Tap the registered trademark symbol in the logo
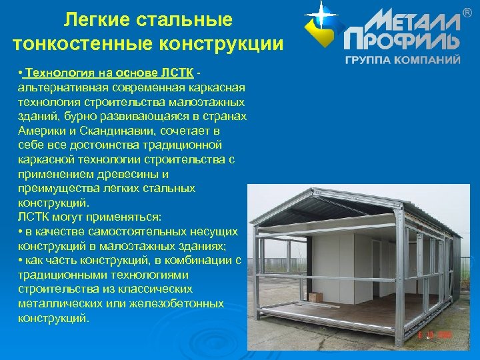[467, 12]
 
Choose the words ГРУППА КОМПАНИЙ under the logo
[402, 59]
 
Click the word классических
[152, 289]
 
